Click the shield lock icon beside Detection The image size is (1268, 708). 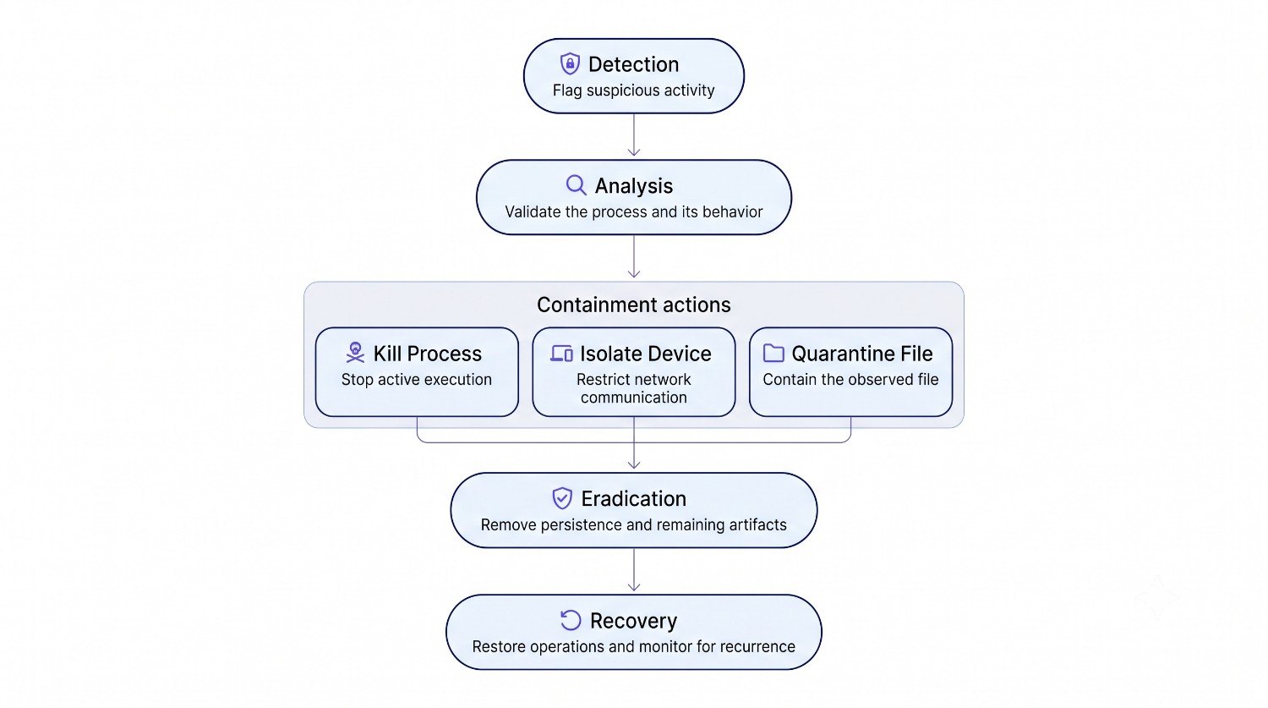[x=570, y=64]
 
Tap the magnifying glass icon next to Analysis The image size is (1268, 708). [x=577, y=185]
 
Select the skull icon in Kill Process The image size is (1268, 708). [x=356, y=352]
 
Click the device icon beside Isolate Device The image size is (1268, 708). [x=561, y=354]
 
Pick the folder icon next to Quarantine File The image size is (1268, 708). [x=773, y=353]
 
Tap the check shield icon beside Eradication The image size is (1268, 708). [x=562, y=498]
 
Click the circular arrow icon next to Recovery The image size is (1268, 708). [x=571, y=620]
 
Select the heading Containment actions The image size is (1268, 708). [x=634, y=305]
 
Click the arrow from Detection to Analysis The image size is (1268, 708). [x=634, y=134]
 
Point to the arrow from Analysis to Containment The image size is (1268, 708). [x=634, y=256]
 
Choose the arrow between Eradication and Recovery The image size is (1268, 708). [x=634, y=569]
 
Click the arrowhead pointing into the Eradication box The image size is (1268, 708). [x=634, y=465]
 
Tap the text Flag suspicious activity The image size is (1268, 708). [x=633, y=91]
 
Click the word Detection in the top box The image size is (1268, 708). [x=633, y=64]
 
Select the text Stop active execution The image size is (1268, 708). [x=417, y=380]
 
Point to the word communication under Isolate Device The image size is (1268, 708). [x=633, y=398]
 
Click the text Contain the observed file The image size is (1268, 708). [x=850, y=380]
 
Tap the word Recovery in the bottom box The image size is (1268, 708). [x=633, y=621]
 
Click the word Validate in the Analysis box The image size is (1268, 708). [x=533, y=211]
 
